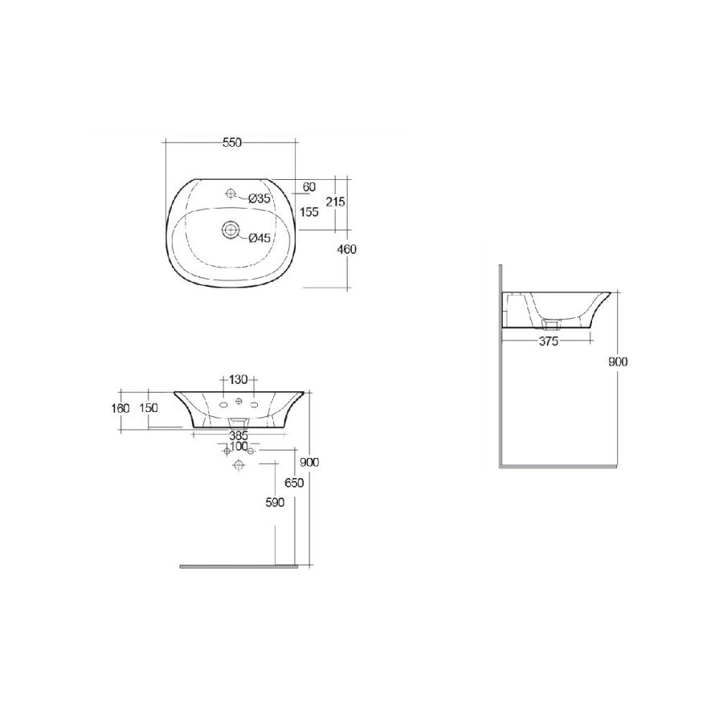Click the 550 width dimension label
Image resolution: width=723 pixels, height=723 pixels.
231,142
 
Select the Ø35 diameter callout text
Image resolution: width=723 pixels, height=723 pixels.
261,198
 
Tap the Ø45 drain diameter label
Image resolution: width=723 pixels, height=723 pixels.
261,237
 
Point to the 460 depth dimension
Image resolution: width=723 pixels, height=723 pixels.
347,250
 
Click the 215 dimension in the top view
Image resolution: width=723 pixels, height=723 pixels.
336,202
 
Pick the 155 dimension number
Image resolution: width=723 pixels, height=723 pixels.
309,212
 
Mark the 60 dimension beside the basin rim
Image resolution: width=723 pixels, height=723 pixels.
308,187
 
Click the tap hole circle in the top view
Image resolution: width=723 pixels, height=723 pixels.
231,194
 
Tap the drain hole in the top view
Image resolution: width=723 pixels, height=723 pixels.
231,231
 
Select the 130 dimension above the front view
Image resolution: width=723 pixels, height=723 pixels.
239,380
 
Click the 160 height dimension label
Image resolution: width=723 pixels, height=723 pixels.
120,408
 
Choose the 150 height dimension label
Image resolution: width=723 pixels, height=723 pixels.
149,408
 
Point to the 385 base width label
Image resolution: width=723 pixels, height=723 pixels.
239,435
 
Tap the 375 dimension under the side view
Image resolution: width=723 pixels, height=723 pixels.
549,341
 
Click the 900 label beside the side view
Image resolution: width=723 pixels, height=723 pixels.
618,361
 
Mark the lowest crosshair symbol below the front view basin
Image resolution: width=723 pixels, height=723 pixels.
238,466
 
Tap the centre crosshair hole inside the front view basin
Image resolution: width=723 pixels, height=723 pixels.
239,402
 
